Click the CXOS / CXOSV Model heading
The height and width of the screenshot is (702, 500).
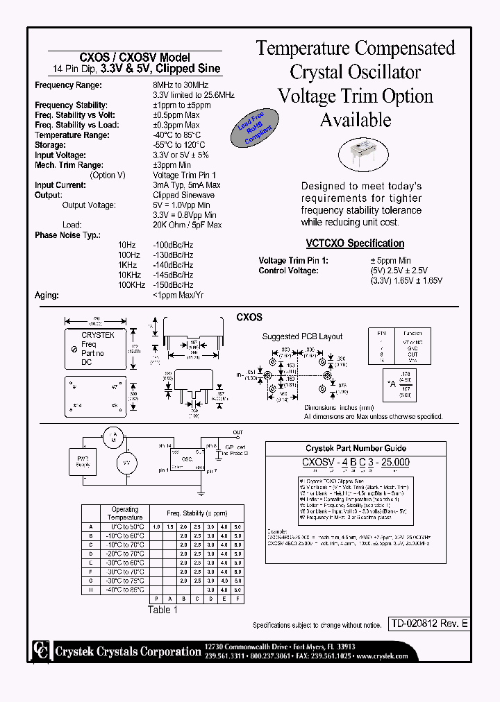(x=136, y=58)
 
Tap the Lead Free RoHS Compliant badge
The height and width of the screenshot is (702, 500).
(x=254, y=130)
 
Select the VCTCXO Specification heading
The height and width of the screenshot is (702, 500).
(x=355, y=243)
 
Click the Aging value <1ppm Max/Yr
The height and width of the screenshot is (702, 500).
(x=178, y=296)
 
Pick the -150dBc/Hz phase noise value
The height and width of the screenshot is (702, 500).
(x=173, y=285)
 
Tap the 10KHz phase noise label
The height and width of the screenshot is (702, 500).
(x=126, y=275)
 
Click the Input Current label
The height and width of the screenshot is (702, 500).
(x=60, y=185)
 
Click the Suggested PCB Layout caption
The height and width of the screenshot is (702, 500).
(x=302, y=336)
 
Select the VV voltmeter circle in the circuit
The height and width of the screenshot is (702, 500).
(x=126, y=463)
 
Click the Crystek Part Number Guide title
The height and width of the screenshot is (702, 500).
(x=356, y=449)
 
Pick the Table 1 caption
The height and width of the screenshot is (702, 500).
(x=163, y=610)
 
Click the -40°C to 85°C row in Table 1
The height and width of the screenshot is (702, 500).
(x=125, y=589)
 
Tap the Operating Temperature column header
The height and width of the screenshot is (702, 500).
(x=125, y=513)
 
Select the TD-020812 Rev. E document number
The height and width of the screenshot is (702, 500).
(x=428, y=624)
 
